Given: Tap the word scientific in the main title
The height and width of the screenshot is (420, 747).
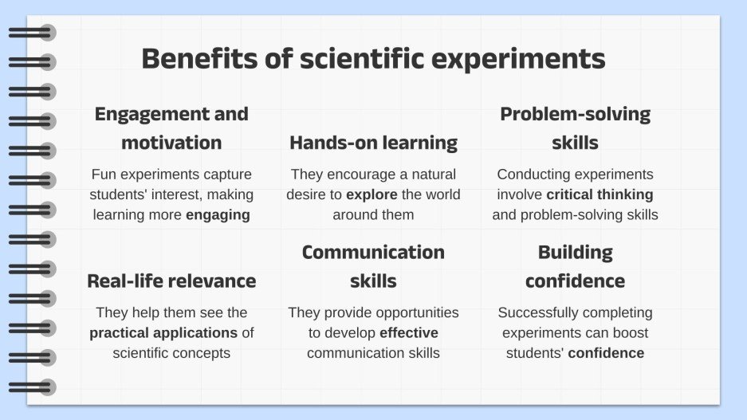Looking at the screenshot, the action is point(362,58).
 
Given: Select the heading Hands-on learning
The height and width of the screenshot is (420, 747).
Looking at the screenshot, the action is point(373,143).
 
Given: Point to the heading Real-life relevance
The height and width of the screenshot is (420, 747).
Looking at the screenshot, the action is point(171,281).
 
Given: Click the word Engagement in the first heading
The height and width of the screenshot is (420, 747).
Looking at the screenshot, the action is point(150,115).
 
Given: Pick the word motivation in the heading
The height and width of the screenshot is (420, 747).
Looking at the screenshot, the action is point(171,143).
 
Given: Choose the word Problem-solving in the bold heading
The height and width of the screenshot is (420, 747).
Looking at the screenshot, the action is point(575,115).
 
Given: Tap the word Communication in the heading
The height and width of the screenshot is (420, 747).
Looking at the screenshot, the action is point(373,253).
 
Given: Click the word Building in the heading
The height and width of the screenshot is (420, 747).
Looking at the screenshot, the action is point(576,253).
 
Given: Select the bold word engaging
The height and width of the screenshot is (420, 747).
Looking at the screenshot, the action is point(218,215).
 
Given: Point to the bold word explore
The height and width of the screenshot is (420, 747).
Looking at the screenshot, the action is point(372,194).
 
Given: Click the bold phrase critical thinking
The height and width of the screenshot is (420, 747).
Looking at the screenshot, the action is point(600,194).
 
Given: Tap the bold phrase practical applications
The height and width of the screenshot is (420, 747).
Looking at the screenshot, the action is point(163,332).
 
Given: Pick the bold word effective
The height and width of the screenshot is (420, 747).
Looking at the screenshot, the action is point(409,332).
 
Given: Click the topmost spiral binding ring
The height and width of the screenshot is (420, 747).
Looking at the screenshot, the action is point(33,33).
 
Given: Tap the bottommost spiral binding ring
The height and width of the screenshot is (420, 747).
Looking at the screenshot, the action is point(33,387).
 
